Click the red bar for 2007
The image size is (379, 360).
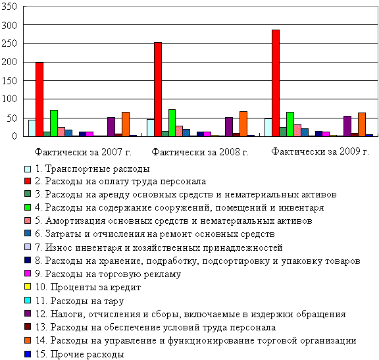[39, 99]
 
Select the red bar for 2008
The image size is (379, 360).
[158, 90]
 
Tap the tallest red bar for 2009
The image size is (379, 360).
[276, 83]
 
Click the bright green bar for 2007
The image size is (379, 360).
[54, 123]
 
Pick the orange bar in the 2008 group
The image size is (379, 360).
[243, 124]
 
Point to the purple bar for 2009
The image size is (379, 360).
[347, 126]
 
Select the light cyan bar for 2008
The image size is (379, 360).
[151, 128]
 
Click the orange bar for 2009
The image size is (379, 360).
[362, 124]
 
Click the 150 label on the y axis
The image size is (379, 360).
[9, 81]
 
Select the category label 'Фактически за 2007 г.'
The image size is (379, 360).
[83, 152]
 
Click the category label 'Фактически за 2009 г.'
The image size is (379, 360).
[320, 151]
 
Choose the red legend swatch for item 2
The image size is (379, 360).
[28, 181]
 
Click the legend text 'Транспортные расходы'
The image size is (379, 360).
[97, 168]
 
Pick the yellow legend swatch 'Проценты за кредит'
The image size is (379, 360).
[28, 286]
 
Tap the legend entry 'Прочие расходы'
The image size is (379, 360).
[74, 354]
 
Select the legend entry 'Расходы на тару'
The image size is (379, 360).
[74, 301]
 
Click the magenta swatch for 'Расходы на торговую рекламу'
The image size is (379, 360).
[28, 273]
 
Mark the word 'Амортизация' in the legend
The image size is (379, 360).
[76, 220]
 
